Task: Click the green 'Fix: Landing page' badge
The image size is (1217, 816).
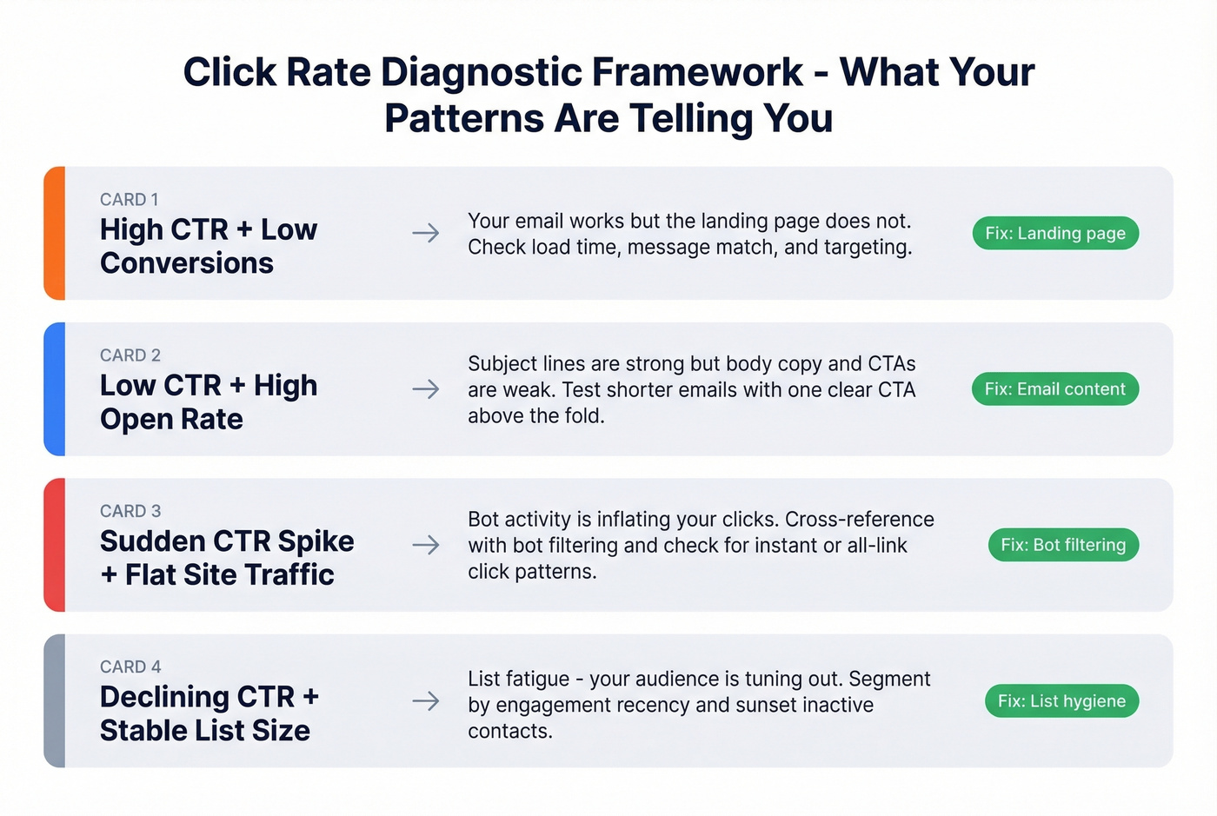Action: tap(1055, 233)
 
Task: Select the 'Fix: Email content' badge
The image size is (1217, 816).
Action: tap(1054, 389)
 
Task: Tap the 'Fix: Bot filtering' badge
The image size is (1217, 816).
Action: tap(1063, 545)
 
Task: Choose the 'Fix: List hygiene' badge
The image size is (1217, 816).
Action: tap(1061, 701)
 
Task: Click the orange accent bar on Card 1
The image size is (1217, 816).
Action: tap(55, 233)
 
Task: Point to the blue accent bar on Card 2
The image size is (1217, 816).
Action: tap(55, 389)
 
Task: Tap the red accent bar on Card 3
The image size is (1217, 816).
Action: tap(55, 545)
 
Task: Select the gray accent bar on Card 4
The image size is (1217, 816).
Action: tap(55, 701)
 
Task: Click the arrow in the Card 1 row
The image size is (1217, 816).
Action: tap(425, 233)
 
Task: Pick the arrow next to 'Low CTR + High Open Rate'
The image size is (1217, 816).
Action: tap(425, 389)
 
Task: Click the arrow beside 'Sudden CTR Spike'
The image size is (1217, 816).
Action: tap(425, 545)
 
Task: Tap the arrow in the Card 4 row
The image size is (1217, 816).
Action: tap(425, 701)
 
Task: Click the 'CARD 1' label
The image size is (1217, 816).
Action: tap(130, 200)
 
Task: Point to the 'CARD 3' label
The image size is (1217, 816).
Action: tap(130, 511)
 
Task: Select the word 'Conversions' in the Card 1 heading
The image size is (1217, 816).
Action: tap(187, 263)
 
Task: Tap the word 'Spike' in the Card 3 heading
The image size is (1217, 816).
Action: tap(316, 541)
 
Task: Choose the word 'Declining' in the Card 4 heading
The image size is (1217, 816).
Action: tap(164, 697)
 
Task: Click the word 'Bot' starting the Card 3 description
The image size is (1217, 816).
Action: tap(484, 520)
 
